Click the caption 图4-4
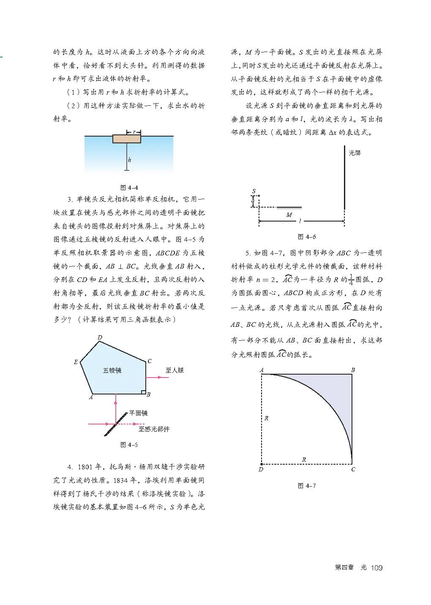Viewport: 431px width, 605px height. [x=129, y=188]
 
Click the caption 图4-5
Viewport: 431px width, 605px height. [x=129, y=444]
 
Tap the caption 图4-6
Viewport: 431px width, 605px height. [x=306, y=236]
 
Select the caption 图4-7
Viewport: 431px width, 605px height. [x=306, y=485]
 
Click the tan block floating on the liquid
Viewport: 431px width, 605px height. [x=127, y=139]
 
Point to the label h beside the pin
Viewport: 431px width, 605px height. [x=130, y=160]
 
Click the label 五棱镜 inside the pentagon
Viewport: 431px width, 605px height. [x=112, y=370]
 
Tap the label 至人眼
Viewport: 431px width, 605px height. [x=175, y=370]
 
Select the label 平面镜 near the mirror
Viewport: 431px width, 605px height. [x=138, y=413]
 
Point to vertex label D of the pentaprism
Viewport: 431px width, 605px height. [x=100, y=337]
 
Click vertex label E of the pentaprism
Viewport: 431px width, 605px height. [x=76, y=362]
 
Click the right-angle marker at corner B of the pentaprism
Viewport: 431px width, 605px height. [x=143, y=391]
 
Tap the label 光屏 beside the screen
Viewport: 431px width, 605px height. [x=355, y=153]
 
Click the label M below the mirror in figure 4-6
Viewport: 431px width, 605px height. [x=289, y=215]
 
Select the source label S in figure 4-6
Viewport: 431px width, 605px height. [x=254, y=191]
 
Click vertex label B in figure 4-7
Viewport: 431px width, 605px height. [x=353, y=370]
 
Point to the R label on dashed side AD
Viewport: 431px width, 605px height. [x=267, y=418]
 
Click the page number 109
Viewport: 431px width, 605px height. [x=376, y=567]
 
